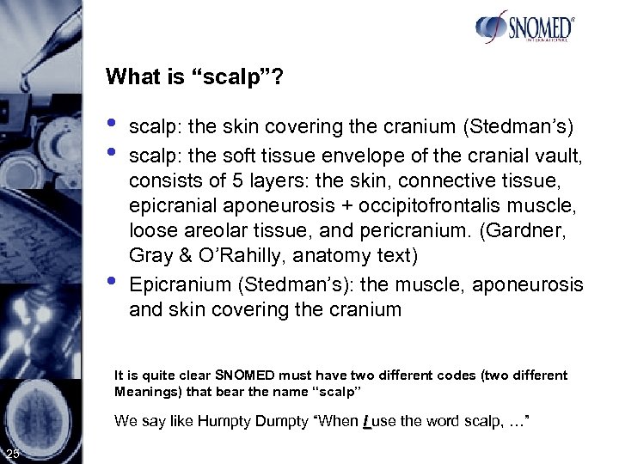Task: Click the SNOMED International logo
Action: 525,27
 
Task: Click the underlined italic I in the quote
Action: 367,422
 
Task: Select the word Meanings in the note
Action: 143,391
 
